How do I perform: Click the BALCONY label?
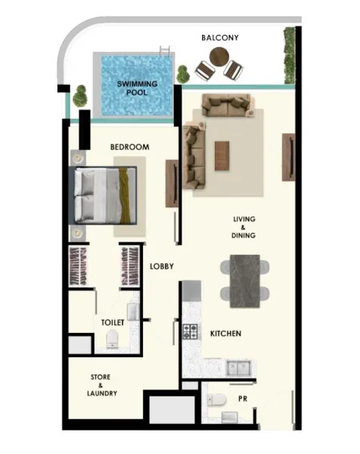(221, 38)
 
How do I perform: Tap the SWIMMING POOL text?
(137, 89)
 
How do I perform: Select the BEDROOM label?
(129, 147)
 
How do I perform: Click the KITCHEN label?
(225, 333)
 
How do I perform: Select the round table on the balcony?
(219, 56)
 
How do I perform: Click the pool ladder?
(165, 54)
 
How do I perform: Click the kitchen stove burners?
(190, 331)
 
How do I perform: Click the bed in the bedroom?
(104, 196)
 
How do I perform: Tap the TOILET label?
(112, 322)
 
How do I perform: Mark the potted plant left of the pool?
(80, 97)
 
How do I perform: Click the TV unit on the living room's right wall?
(288, 157)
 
